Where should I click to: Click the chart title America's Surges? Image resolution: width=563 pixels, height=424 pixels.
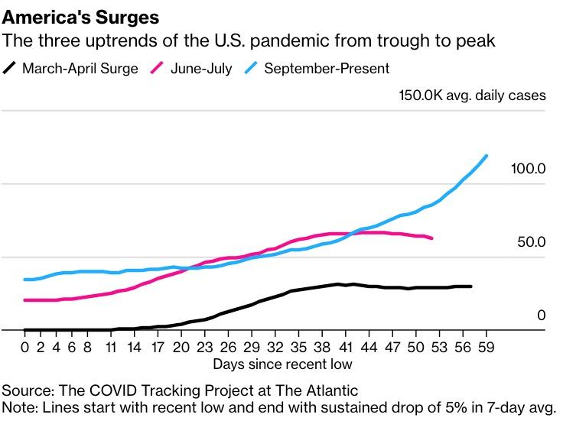coord(85,16)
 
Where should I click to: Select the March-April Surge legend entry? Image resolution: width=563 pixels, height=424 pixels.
coord(80,69)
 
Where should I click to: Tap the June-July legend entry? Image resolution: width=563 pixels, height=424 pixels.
coord(201,69)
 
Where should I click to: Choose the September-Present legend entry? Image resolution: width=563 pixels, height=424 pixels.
coord(327,69)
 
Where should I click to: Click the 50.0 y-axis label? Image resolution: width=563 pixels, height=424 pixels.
coord(531,242)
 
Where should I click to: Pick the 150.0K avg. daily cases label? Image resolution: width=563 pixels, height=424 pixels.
coord(472,95)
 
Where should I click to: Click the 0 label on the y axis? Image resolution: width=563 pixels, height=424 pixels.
coord(541,316)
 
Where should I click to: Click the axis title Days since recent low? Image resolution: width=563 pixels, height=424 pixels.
coord(282,364)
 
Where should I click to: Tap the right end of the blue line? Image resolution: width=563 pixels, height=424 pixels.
coord(487,156)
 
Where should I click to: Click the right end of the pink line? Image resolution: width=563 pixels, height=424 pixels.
coord(432,238)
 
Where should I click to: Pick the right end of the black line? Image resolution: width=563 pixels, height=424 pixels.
coord(470,286)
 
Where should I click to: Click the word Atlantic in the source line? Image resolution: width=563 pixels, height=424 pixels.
coord(334,390)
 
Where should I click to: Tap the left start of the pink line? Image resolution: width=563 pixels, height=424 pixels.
coord(25,300)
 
